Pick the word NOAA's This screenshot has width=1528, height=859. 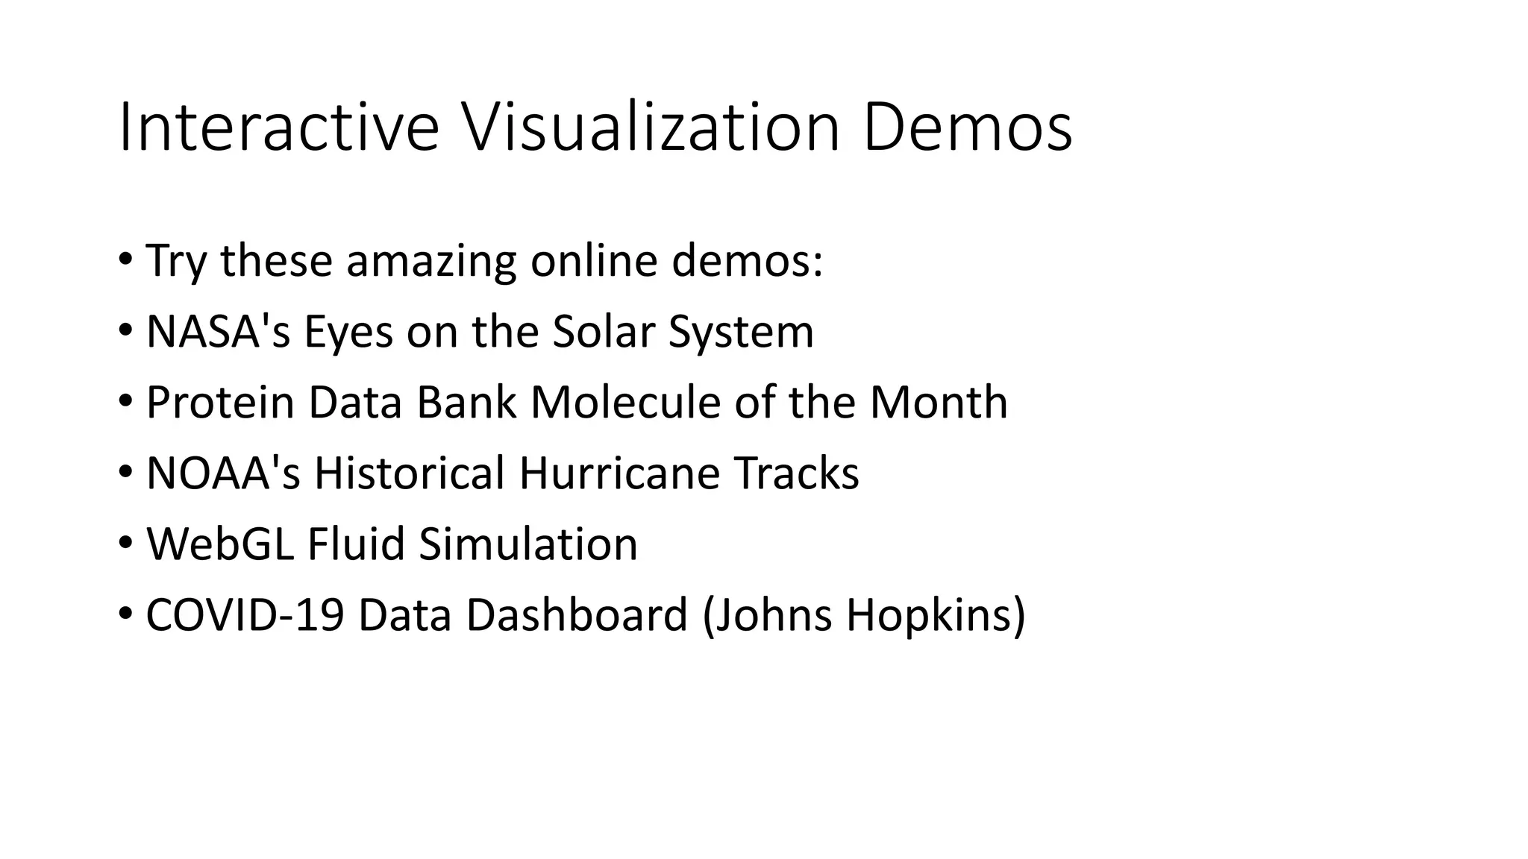[223, 473]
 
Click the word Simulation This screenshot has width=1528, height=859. [528, 544]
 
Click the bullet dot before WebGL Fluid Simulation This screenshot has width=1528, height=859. [125, 543]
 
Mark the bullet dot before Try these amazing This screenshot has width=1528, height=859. [125, 260]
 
